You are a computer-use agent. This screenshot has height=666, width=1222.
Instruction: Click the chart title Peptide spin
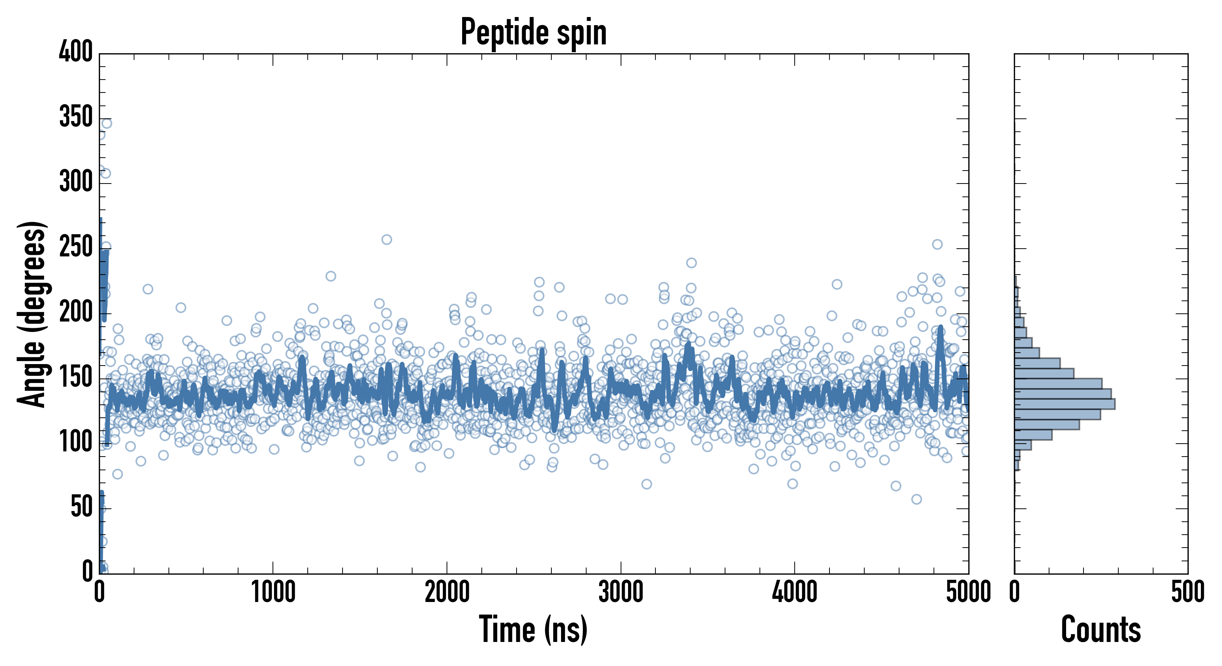(534, 32)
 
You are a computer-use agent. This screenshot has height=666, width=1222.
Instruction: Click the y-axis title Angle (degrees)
(32, 314)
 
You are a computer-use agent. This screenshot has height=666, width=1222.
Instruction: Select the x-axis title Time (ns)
(533, 629)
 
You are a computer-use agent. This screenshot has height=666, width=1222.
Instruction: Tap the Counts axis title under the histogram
(1101, 629)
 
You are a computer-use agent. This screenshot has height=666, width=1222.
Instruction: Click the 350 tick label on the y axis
(76, 117)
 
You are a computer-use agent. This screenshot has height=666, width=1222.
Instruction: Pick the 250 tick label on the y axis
(76, 247)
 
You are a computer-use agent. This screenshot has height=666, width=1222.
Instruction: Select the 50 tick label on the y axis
(81, 507)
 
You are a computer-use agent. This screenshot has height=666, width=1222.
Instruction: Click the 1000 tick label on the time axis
(273, 592)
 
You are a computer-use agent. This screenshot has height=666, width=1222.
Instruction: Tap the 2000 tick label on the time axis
(447, 592)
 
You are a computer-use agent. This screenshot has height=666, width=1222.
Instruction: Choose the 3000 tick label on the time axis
(621, 592)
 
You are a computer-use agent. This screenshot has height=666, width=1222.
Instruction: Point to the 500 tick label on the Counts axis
(1187, 592)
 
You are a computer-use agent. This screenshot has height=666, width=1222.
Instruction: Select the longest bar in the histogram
(1065, 404)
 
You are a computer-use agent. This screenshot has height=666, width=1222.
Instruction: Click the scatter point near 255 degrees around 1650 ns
(387, 239)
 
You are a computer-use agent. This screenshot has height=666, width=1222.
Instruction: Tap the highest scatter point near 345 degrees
(107, 123)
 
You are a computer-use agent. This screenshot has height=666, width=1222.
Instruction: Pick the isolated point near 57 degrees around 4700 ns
(916, 499)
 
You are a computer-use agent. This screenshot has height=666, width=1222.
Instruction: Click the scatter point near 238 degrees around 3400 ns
(691, 263)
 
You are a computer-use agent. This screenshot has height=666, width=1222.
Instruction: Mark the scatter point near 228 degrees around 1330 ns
(331, 276)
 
